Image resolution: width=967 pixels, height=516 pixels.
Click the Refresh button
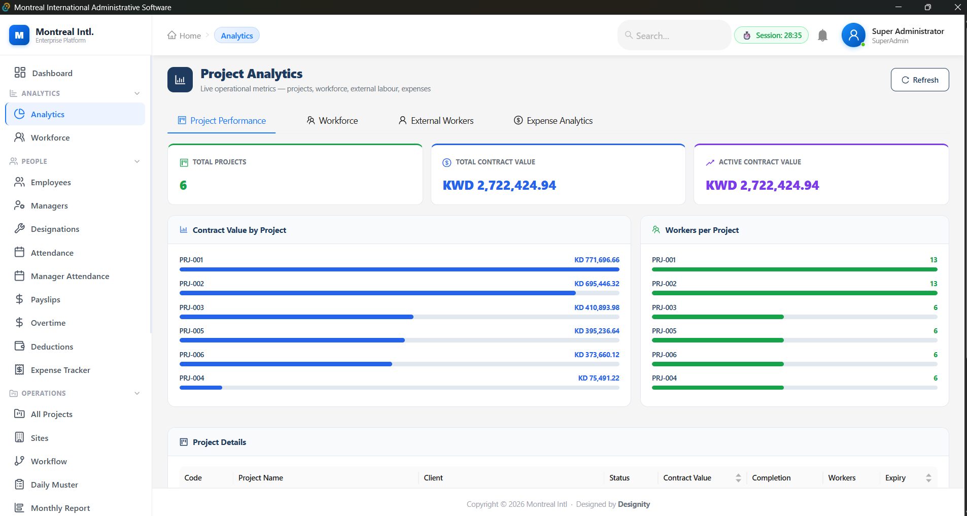click(919, 80)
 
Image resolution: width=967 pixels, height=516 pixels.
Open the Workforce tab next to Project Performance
click(332, 121)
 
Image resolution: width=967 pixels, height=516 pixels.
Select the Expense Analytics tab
click(554, 121)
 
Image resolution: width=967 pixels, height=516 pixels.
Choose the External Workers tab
click(436, 121)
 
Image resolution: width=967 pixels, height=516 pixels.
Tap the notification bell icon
click(822, 36)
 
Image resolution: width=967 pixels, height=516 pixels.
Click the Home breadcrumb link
click(184, 36)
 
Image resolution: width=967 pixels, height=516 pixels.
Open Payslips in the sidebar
click(45, 299)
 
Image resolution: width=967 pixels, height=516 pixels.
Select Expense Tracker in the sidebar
click(60, 370)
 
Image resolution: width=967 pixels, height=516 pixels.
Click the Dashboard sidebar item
click(52, 73)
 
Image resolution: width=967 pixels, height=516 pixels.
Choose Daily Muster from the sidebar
click(54, 485)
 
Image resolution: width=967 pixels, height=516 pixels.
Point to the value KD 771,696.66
click(597, 260)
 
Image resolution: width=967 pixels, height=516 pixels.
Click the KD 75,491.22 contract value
click(599, 378)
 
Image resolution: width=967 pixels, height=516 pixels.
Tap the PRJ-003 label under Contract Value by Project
click(192, 307)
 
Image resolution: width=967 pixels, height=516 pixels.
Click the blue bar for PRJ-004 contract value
click(201, 388)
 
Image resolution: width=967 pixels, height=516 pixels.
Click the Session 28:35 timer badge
click(771, 36)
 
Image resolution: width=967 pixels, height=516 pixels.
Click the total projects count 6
click(183, 186)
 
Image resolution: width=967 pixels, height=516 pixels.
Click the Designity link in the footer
click(634, 504)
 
